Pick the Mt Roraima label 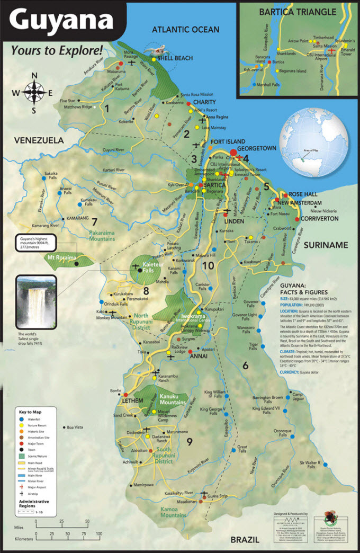point(63,258)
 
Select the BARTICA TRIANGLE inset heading point(298,11)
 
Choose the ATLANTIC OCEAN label point(185,30)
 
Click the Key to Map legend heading point(34,411)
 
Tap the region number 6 point(245,365)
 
